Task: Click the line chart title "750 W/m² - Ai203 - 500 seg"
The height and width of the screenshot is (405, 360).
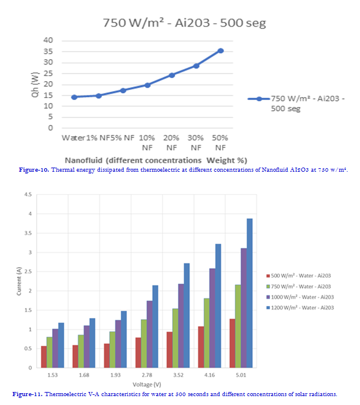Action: pos(184,23)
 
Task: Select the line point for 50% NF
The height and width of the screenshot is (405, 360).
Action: pos(221,50)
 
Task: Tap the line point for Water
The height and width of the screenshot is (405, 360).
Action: pos(74,97)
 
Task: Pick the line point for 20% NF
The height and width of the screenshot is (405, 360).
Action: pos(172,75)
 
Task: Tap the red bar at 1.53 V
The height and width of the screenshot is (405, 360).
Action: pos(44,357)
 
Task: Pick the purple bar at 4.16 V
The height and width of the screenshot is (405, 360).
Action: pos(213,318)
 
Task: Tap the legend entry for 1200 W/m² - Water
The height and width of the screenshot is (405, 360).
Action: pos(303,307)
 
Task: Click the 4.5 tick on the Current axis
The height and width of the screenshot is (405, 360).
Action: pos(28,195)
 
